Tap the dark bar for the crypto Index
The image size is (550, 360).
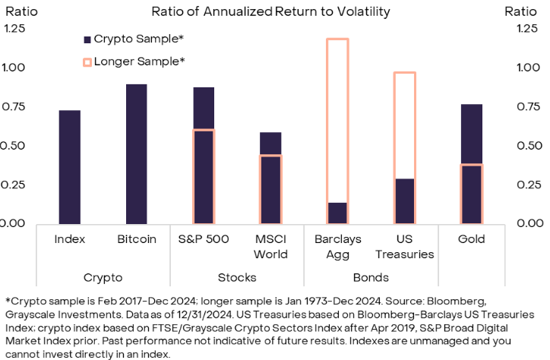coord(70,167)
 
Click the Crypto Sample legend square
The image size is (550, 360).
coord(87,39)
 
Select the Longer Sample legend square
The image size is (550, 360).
coord(87,61)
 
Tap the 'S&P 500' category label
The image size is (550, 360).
coord(204,239)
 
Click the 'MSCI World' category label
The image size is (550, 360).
coord(271,246)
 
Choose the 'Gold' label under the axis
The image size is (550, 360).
coord(472,239)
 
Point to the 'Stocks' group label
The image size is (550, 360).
coord(237,277)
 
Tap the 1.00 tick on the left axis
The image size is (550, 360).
coord(15,68)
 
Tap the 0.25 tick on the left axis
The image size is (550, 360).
coord(15,185)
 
